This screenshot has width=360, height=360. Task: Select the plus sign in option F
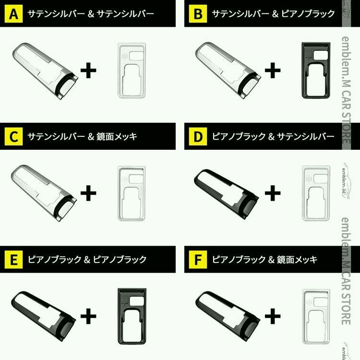point(272,317)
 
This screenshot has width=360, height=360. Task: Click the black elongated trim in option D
point(226,192)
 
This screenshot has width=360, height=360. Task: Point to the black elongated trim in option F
point(226,315)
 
